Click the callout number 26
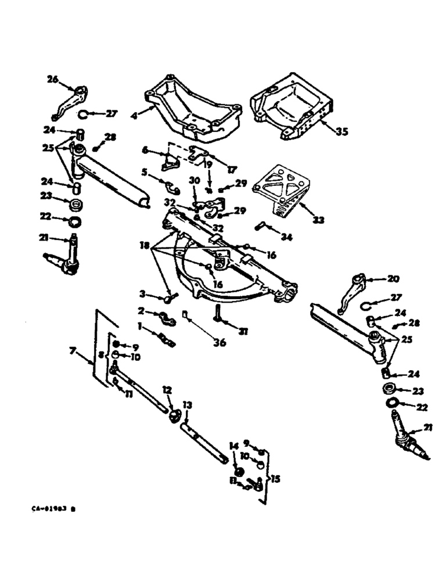(53, 80)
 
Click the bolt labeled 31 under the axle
(217, 314)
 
